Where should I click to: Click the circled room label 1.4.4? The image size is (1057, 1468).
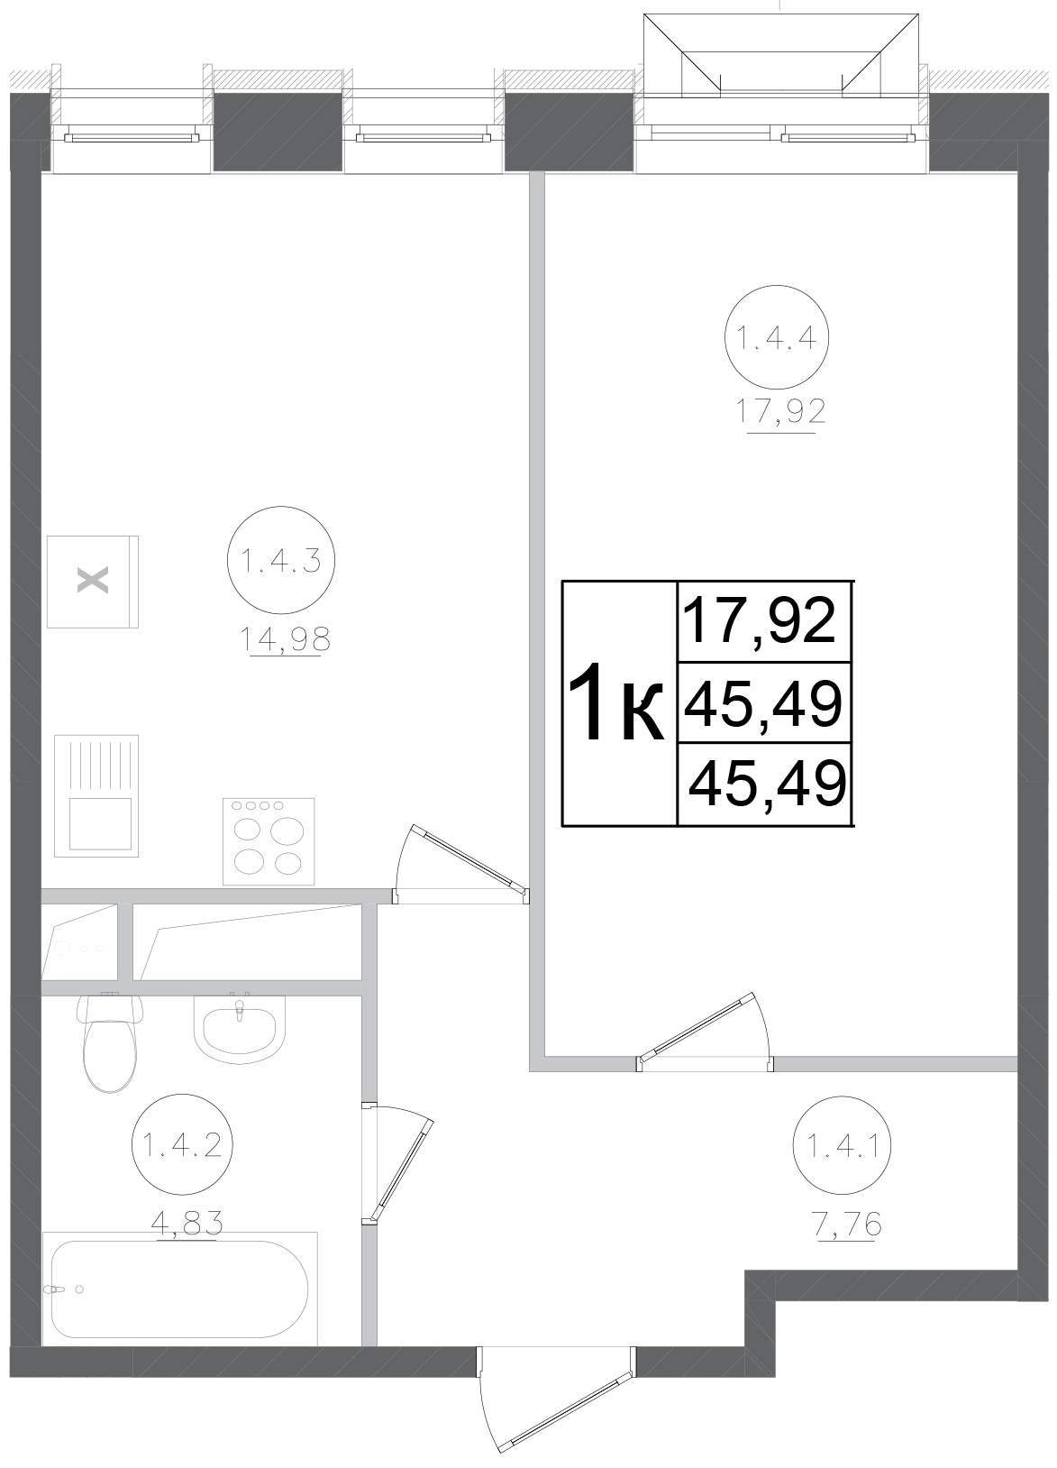(x=776, y=339)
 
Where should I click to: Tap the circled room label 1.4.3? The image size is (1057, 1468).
(x=281, y=562)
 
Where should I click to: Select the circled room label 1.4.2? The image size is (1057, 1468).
(x=183, y=1145)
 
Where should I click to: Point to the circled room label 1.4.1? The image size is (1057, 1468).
(x=843, y=1148)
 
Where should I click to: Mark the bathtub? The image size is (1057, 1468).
(x=179, y=1289)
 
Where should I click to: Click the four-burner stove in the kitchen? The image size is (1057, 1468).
(x=269, y=840)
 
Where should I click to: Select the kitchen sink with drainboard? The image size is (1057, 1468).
(x=96, y=796)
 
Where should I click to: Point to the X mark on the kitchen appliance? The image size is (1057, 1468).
(x=92, y=581)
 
